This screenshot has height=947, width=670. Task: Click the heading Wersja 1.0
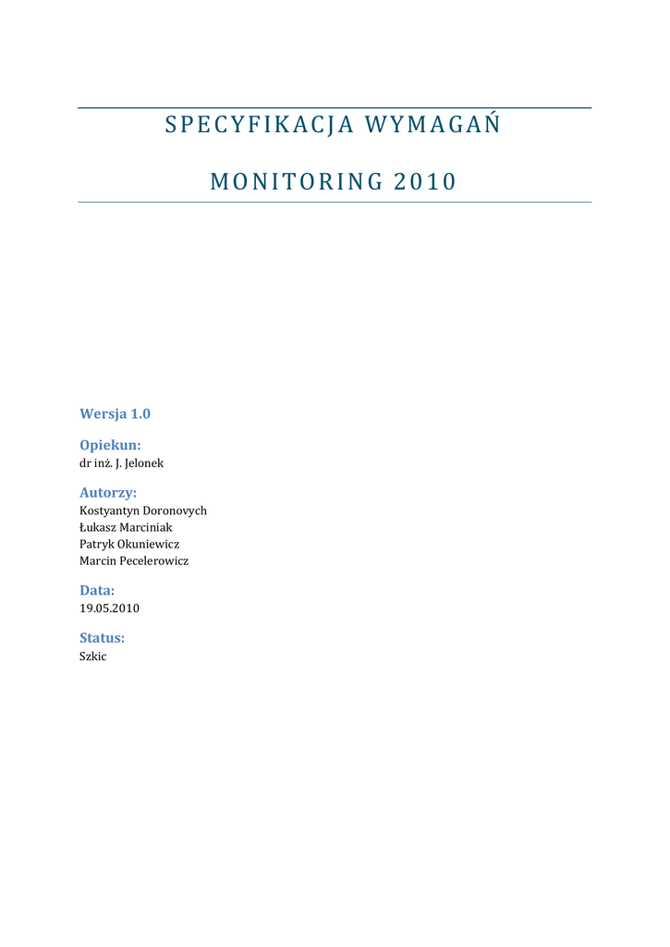(x=115, y=413)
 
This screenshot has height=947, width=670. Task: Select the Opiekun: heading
(x=110, y=445)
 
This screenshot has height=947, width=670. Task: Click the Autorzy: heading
(x=108, y=493)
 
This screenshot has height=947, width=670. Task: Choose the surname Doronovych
(x=175, y=510)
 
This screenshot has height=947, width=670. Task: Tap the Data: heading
(x=97, y=590)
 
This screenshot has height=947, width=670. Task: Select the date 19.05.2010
(x=110, y=609)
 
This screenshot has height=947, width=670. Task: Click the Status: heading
(x=102, y=638)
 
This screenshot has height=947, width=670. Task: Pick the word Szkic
(x=93, y=656)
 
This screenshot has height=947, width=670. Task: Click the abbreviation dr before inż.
(x=85, y=462)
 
